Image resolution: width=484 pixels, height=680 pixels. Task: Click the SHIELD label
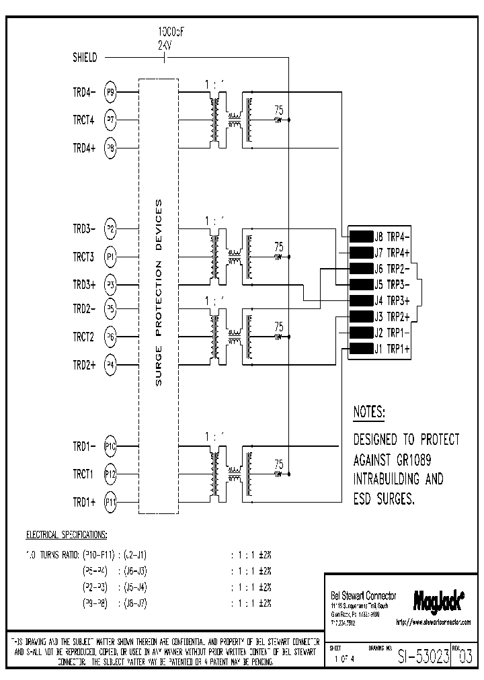click(x=85, y=58)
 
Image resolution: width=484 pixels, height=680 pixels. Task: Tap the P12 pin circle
click(x=110, y=474)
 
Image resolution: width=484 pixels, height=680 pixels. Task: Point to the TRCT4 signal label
click(x=84, y=120)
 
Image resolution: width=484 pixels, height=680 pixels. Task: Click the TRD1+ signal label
click(x=84, y=502)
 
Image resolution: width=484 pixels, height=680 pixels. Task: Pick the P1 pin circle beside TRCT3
click(x=110, y=256)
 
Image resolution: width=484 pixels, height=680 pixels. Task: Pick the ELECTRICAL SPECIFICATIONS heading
click(x=66, y=535)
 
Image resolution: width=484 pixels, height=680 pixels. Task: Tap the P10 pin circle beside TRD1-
click(x=110, y=445)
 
